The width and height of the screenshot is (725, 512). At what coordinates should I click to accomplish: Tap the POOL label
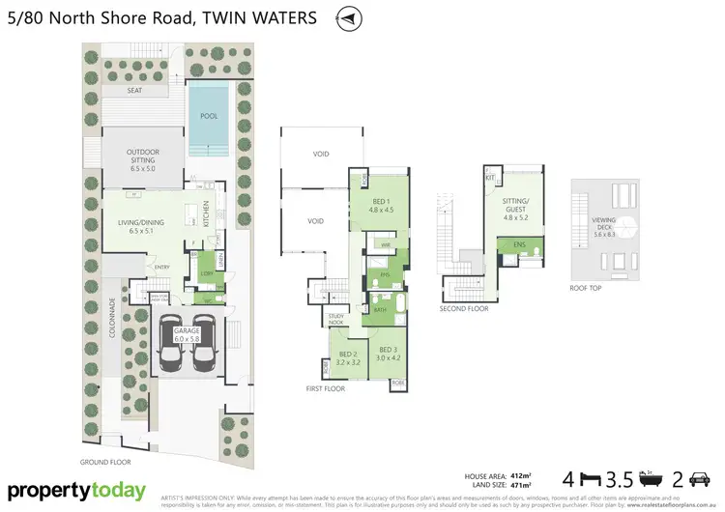click(x=208, y=116)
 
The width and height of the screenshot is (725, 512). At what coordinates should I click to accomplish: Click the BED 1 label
click(x=382, y=206)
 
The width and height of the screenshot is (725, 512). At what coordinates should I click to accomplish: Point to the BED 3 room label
click(x=389, y=355)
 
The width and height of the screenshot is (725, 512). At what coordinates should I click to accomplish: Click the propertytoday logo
click(x=80, y=490)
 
